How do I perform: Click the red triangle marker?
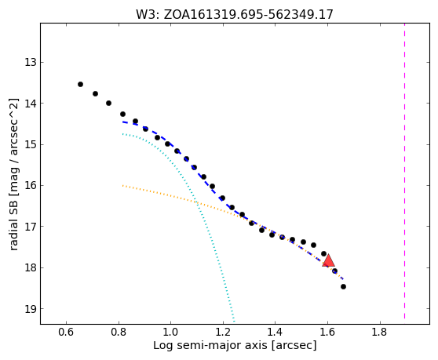point(328,260)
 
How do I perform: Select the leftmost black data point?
point(80,84)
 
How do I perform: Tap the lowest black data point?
point(343,286)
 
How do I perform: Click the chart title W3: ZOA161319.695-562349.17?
point(235,15)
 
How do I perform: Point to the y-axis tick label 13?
point(31,62)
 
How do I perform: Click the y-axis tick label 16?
point(31,185)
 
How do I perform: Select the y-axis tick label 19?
point(31,309)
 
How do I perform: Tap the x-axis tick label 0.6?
point(66,333)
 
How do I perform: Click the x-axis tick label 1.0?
point(170,333)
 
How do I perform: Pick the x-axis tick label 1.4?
point(276,333)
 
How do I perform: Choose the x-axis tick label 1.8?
point(380,333)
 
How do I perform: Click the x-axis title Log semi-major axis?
point(210,346)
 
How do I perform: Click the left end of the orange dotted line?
point(122,185)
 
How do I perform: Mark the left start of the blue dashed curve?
point(122,122)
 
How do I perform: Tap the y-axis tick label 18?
point(31,267)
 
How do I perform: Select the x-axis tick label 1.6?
point(327,333)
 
